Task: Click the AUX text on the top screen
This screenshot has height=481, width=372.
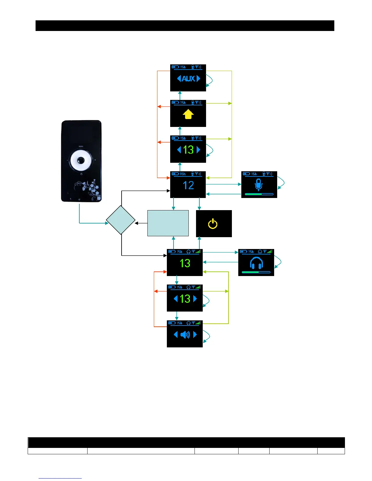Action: [x=188, y=79]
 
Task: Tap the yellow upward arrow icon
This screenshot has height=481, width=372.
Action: [x=188, y=114]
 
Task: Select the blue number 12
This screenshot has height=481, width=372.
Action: [x=188, y=186]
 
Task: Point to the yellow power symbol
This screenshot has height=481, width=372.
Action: [x=213, y=224]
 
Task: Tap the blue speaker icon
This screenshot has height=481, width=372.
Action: [x=185, y=335]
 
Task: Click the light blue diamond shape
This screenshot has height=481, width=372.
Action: [x=121, y=220]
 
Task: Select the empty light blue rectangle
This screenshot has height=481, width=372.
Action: [x=168, y=223]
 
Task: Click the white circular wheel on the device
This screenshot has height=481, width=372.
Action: [x=81, y=160]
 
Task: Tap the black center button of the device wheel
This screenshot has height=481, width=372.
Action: [x=81, y=160]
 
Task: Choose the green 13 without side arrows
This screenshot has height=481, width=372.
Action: [x=185, y=263]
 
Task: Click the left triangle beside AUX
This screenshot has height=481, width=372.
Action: [x=179, y=79]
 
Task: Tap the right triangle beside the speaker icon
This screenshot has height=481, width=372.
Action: [x=195, y=335]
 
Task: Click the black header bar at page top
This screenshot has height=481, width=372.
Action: [x=185, y=26]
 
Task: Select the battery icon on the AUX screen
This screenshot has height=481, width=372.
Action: [x=175, y=67]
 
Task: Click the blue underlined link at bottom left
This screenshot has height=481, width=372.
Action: [x=60, y=478]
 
